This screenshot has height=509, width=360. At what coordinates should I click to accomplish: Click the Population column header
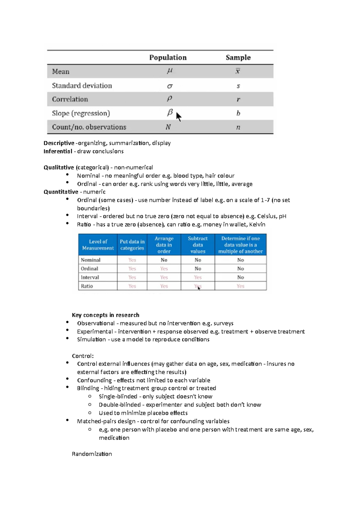pyautogui.click(x=168, y=58)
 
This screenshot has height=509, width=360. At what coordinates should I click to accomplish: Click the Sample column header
pyautogui.click(x=238, y=58)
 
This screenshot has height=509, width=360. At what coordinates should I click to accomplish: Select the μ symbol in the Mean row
pyautogui.click(x=169, y=71)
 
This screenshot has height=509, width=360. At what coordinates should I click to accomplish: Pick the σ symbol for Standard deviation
pyautogui.click(x=169, y=86)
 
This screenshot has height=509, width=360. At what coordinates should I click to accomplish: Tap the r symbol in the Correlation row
pyautogui.click(x=238, y=100)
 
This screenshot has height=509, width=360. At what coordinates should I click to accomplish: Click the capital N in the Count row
pyautogui.click(x=168, y=127)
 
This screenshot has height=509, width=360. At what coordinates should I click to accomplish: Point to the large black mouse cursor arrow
pyautogui.click(x=178, y=116)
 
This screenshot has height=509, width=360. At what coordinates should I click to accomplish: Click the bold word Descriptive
pyautogui.click(x=59, y=143)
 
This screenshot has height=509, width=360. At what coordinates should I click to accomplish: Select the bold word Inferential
pyautogui.click(x=58, y=151)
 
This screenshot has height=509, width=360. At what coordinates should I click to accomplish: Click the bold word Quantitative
pyautogui.click(x=61, y=192)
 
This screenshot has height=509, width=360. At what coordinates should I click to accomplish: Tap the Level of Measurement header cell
pyautogui.click(x=98, y=245)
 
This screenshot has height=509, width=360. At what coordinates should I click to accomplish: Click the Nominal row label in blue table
pyautogui.click(x=91, y=260)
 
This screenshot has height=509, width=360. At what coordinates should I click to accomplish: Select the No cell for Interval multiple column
pyautogui.click(x=240, y=277)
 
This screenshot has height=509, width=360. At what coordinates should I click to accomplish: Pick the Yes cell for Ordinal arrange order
pyautogui.click(x=164, y=269)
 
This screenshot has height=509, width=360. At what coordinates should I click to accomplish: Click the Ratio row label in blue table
pyautogui.click(x=87, y=286)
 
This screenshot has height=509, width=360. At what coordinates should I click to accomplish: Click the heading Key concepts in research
pyautogui.click(x=105, y=315)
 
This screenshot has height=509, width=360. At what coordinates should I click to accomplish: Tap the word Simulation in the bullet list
pyautogui.click(x=91, y=339)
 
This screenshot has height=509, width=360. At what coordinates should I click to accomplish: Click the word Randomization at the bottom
pyautogui.click(x=92, y=454)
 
